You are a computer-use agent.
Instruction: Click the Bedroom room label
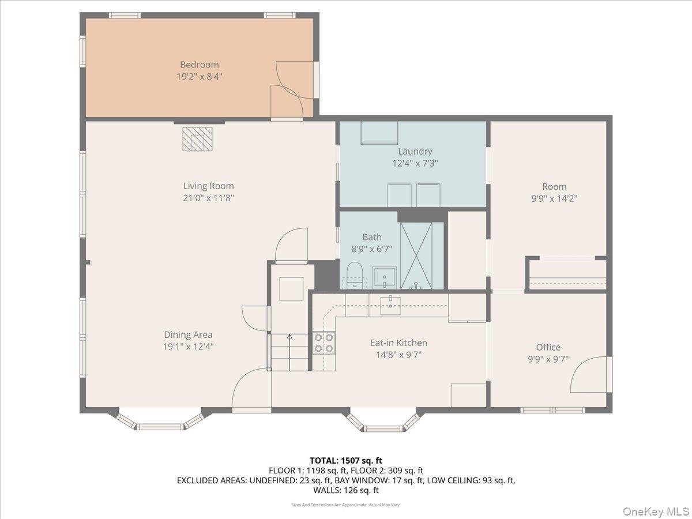(x=199, y=65)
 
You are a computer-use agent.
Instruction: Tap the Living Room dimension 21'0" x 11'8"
(x=208, y=198)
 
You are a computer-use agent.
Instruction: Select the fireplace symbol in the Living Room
(x=197, y=139)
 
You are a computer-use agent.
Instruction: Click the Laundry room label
(x=415, y=152)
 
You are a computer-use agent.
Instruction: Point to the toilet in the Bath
(x=355, y=275)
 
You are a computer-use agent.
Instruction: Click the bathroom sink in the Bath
(x=384, y=277)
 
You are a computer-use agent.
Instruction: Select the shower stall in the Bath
(x=416, y=255)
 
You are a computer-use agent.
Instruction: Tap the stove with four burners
(x=324, y=343)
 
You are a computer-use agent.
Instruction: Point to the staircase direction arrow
(x=289, y=337)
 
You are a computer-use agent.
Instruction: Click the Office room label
(x=548, y=347)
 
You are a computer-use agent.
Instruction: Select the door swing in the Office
(x=588, y=375)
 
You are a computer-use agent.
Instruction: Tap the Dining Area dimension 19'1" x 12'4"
(x=188, y=347)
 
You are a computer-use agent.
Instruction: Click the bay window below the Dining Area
(x=160, y=421)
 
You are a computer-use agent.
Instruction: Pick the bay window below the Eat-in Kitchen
(x=383, y=422)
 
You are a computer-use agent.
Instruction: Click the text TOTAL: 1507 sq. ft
(x=345, y=460)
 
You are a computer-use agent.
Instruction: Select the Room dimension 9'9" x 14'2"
(x=554, y=198)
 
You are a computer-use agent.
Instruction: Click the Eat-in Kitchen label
(x=398, y=343)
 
